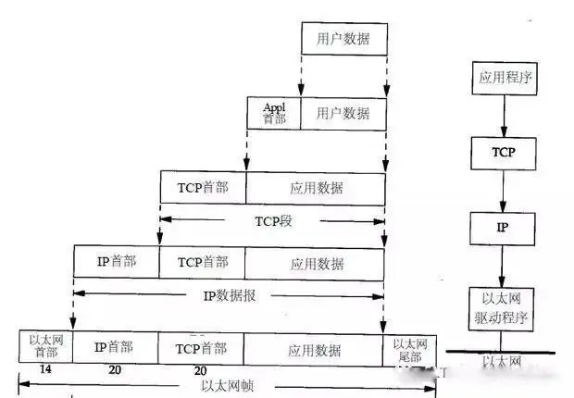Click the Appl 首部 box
click(x=274, y=113)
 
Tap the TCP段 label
click(x=274, y=221)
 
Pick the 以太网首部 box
click(x=45, y=346)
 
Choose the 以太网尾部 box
click(x=409, y=346)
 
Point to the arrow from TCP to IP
click(x=503, y=191)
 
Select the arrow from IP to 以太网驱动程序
click(x=503, y=266)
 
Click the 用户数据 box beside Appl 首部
click(x=343, y=113)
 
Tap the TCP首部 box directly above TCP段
click(x=203, y=188)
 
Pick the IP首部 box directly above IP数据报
click(x=117, y=262)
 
